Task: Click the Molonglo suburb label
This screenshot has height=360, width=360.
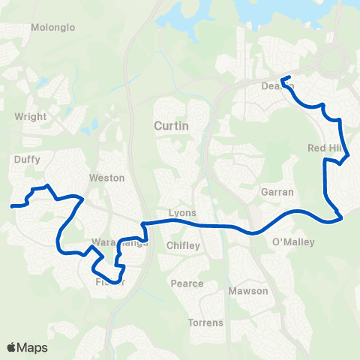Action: coord(53,28)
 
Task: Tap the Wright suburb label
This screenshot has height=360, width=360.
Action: coord(31,117)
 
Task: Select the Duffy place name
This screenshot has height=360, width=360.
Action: coord(27,160)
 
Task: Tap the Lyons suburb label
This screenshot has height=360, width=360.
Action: coord(183,213)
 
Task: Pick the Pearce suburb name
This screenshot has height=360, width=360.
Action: coord(187,283)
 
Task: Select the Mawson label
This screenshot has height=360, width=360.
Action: coord(248,291)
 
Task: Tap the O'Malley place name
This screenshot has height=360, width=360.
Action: coord(293,242)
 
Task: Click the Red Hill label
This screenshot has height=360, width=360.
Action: coord(324,148)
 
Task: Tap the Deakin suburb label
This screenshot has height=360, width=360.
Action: coord(277,86)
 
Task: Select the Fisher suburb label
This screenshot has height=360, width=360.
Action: coord(109,282)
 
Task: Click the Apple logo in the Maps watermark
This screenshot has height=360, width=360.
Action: coord(12,348)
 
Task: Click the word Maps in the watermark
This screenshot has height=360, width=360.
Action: coord(32,348)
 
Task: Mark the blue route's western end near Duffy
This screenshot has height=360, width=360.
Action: coord(11,205)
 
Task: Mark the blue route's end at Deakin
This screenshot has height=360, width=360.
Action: coord(282,79)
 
